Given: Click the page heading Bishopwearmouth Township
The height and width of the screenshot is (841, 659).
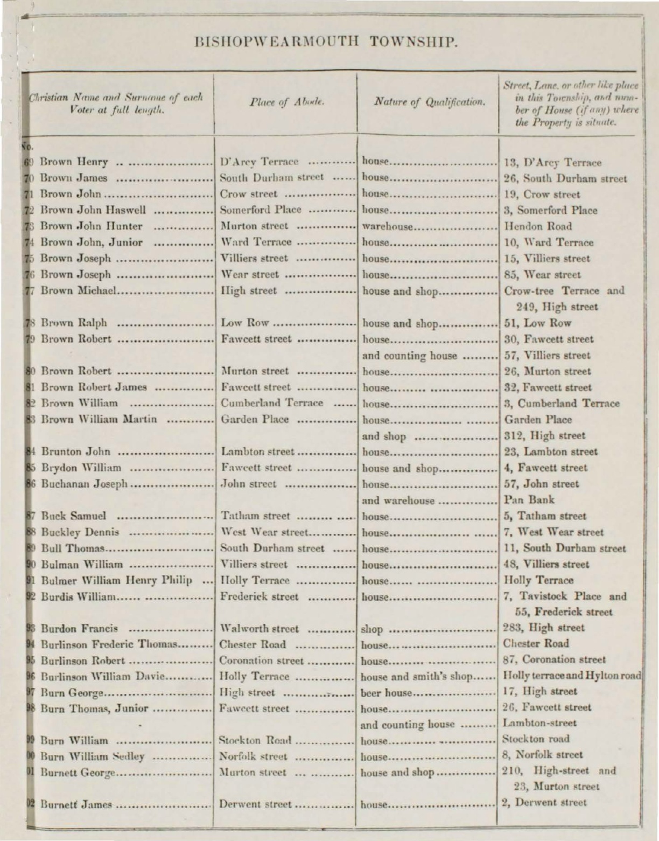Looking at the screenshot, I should [326, 41].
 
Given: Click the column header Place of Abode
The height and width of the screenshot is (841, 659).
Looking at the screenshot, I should [285, 102].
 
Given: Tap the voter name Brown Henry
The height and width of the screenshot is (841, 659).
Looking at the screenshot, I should [74, 162].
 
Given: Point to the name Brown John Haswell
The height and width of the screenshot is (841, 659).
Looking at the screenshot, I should [93, 210].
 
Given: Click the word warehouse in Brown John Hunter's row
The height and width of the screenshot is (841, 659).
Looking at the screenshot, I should [387, 226].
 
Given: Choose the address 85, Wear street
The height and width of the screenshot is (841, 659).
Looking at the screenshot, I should [542, 275].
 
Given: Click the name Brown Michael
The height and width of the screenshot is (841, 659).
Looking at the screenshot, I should [79, 291].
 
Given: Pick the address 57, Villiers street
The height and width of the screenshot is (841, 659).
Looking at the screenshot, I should [547, 356].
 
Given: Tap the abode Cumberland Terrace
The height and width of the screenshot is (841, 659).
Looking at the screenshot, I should [272, 403].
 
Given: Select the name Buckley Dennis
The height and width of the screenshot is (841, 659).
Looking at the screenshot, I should [80, 532].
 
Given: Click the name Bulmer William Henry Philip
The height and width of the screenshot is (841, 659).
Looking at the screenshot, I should [116, 581].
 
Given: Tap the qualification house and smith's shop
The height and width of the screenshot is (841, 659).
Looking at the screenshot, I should [416, 676].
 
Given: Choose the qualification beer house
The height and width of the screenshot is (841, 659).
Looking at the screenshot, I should [385, 692].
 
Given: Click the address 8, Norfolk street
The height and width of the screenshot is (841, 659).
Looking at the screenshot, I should [542, 755].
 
